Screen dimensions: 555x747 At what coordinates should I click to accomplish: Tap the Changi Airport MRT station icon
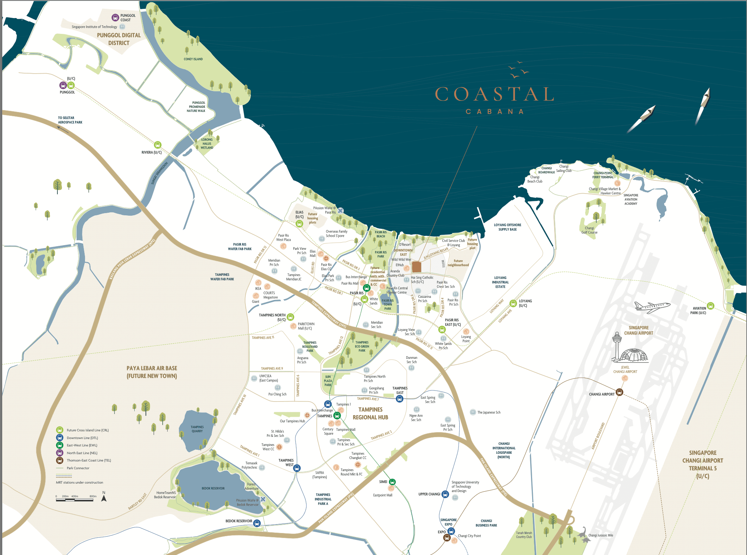pyautogui.click(x=619, y=392)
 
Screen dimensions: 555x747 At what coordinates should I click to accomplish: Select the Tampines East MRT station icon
pyautogui.click(x=400, y=399)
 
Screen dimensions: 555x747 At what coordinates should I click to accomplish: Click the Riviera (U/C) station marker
pyautogui.click(x=157, y=145)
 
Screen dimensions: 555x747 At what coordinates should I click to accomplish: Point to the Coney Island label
pyautogui.click(x=193, y=59)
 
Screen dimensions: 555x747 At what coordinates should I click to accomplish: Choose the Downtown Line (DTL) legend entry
pyautogui.click(x=82, y=438)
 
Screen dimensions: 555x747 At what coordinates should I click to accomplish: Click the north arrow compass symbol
pyautogui.click(x=104, y=498)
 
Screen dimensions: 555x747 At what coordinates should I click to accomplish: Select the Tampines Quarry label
pyautogui.click(x=197, y=429)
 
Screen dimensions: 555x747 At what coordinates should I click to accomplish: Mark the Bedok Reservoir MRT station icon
pyautogui.click(x=257, y=523)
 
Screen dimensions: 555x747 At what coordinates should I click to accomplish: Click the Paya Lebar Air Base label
pyautogui.click(x=152, y=372)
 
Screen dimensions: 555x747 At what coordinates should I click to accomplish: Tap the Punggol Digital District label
pyautogui.click(x=118, y=39)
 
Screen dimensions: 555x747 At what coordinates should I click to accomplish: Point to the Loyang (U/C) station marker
pyautogui.click(x=513, y=303)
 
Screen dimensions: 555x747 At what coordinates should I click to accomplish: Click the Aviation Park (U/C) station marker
pyautogui.click(x=711, y=305)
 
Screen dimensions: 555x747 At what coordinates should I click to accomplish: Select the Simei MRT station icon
pyautogui.click(x=392, y=482)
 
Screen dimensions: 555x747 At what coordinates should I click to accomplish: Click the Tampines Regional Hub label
pyautogui.click(x=370, y=413)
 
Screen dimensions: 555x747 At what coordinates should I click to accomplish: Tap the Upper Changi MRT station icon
pyautogui.click(x=445, y=494)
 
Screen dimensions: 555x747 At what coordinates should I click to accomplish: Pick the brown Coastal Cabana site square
pyautogui.click(x=416, y=266)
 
